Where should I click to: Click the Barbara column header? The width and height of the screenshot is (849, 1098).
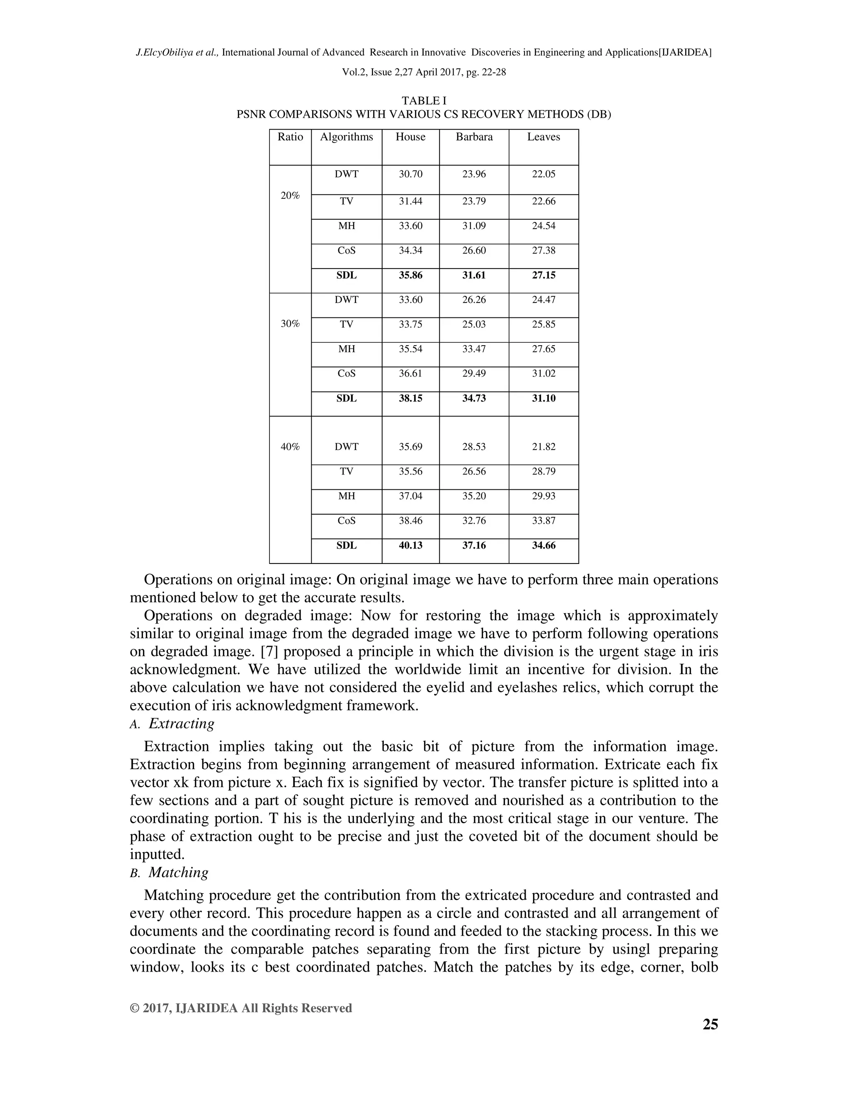[474, 137]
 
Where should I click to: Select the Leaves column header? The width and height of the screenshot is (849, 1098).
[543, 137]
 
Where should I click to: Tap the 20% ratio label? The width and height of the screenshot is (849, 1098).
[290, 196]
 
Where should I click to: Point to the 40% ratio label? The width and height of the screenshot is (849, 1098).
[290, 446]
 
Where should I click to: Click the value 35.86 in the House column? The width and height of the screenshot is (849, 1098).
[410, 275]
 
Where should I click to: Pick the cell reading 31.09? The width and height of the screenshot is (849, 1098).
[474, 226]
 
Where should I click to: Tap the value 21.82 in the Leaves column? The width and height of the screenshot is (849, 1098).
[543, 446]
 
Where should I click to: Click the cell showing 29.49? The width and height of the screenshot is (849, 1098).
[474, 374]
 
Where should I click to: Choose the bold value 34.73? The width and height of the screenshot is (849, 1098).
[474, 398]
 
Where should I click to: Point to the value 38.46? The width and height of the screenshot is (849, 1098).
[410, 521]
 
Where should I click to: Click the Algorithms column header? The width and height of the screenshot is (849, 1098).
[347, 137]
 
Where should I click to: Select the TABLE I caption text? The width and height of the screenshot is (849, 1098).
[424, 101]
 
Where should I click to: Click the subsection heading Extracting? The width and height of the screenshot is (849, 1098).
[182, 723]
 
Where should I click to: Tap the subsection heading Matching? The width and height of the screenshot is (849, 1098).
[178, 872]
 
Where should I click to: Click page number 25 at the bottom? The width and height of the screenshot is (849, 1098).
[710, 1025]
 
